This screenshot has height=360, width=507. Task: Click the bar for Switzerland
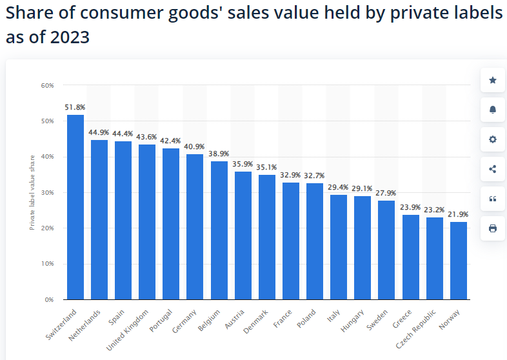click(75, 206)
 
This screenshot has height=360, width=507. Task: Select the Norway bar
click(459, 260)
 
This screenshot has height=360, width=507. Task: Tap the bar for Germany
click(195, 226)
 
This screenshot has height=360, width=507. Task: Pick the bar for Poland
click(315, 241)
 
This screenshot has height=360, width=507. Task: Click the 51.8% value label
click(75, 107)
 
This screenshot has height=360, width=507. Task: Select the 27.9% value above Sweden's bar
click(387, 193)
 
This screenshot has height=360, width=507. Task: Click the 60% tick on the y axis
click(47, 85)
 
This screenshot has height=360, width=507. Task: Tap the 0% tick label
click(49, 299)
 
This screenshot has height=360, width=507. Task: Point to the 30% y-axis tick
click(47, 192)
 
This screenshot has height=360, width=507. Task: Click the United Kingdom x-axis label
click(128, 329)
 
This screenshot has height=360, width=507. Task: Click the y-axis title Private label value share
click(32, 192)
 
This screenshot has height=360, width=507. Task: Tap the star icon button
click(493, 80)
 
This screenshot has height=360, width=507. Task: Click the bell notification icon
click(493, 110)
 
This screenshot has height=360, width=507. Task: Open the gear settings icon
click(493, 139)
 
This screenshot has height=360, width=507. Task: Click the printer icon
click(493, 228)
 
